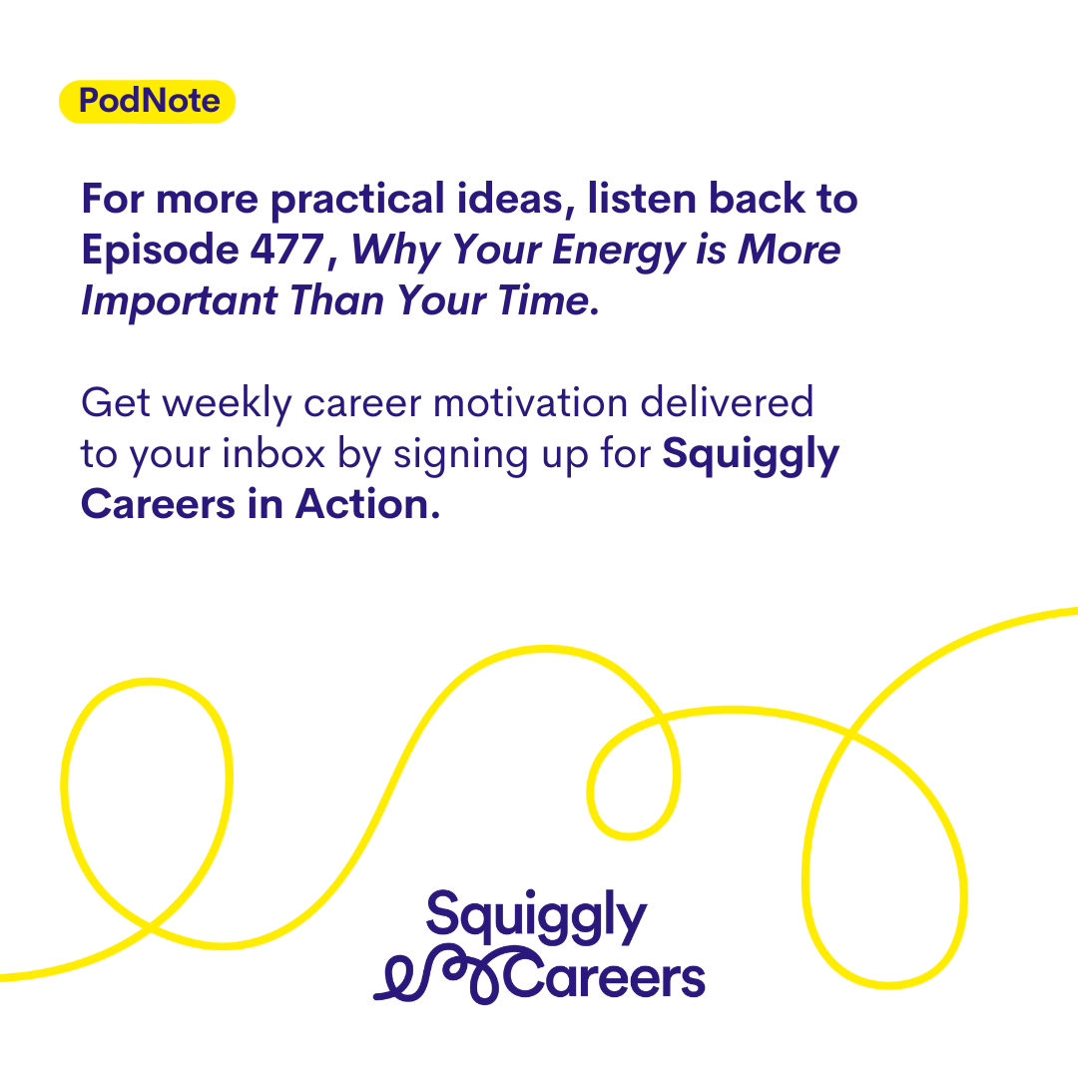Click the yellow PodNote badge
(x=147, y=101)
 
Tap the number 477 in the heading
(x=286, y=249)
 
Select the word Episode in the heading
(x=160, y=251)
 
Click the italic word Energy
(x=619, y=252)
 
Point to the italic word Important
(x=180, y=301)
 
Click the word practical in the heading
(x=357, y=201)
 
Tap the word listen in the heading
(x=642, y=199)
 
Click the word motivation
(x=531, y=403)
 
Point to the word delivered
(x=728, y=402)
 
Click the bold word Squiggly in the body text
(x=751, y=456)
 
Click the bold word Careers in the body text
(x=158, y=505)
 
